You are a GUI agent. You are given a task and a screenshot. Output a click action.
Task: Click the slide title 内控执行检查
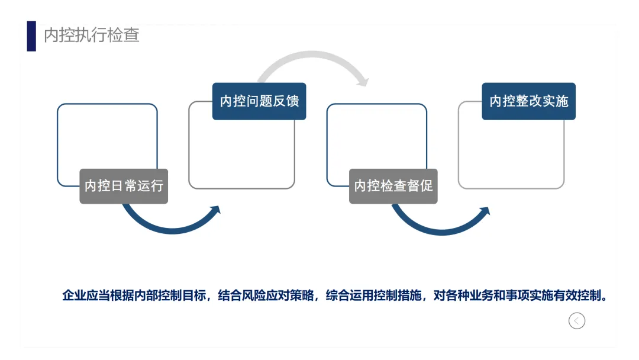(x=92, y=35)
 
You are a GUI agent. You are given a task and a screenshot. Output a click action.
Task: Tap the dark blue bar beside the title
(x=31, y=36)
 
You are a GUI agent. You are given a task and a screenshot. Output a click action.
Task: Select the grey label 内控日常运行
(x=124, y=186)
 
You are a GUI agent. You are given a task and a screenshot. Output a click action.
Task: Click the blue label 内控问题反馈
(x=259, y=101)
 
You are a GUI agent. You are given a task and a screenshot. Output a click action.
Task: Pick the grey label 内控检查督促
(x=393, y=186)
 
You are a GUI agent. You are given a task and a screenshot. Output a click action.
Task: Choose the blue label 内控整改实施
(x=528, y=101)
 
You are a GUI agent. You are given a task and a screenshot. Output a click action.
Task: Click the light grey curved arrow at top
(x=308, y=59)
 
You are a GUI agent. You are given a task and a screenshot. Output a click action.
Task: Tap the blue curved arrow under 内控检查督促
(x=438, y=225)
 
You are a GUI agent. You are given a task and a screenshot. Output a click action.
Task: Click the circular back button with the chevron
(x=577, y=320)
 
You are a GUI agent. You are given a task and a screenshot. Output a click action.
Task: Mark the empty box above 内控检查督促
(x=376, y=139)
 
